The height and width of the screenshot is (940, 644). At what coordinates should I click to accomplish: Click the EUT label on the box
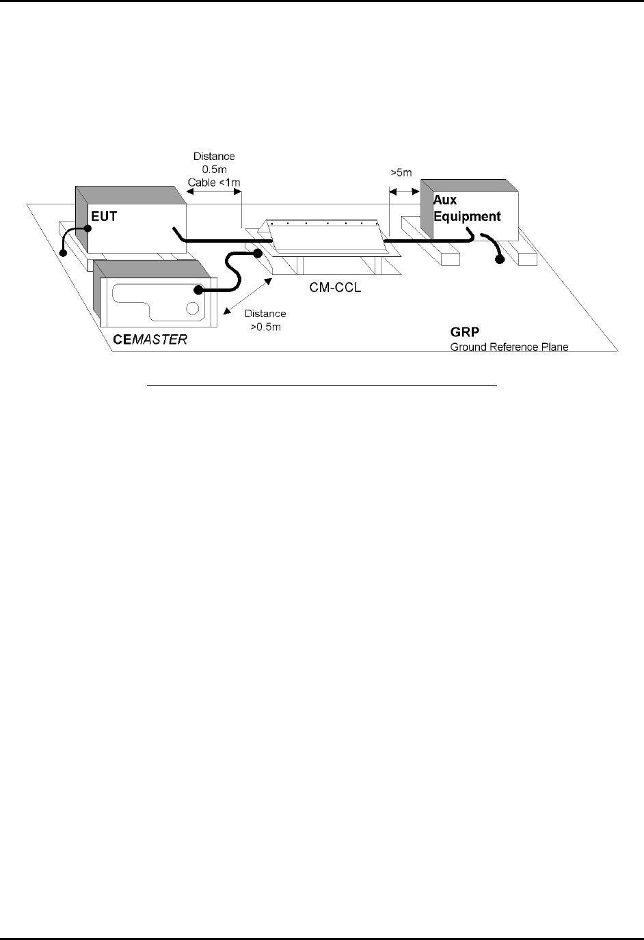pyautogui.click(x=104, y=217)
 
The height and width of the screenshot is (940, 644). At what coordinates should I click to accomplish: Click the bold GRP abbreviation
pyautogui.click(x=465, y=334)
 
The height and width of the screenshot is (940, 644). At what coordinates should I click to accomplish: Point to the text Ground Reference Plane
pyautogui.click(x=509, y=347)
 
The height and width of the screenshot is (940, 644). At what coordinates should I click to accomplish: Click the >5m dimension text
pyautogui.click(x=401, y=174)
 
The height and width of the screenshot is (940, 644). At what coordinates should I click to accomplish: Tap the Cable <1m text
pyautogui.click(x=213, y=182)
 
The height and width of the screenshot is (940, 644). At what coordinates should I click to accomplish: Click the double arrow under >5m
pyautogui.click(x=404, y=192)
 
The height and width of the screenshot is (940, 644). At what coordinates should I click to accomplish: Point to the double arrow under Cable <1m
pyautogui.click(x=214, y=193)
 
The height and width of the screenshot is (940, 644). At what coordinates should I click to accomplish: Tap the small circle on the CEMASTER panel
pyautogui.click(x=193, y=307)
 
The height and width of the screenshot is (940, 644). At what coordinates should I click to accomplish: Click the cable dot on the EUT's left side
pyautogui.click(x=88, y=230)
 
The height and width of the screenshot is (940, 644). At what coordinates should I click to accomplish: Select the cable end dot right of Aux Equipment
pyautogui.click(x=500, y=260)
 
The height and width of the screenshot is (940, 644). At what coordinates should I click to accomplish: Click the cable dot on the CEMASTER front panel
pyautogui.click(x=199, y=290)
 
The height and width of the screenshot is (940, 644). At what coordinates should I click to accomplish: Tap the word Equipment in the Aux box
pyautogui.click(x=467, y=217)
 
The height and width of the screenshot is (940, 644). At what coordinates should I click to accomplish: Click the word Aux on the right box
pyautogui.click(x=445, y=200)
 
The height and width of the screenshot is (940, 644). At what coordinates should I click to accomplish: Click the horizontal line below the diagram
pyautogui.click(x=322, y=386)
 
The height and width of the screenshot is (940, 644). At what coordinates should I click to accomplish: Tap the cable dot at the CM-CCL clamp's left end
pyautogui.click(x=258, y=254)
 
